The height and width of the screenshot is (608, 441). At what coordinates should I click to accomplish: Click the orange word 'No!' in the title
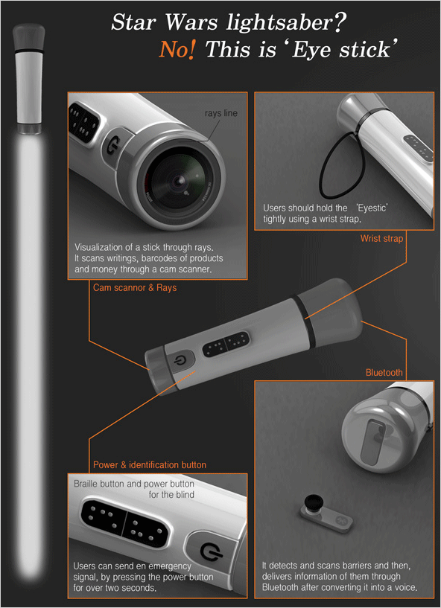click(x=177, y=50)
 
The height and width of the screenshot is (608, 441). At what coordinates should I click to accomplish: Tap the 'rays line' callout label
click(x=221, y=113)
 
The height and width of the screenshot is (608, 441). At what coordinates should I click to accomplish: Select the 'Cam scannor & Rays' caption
click(x=135, y=288)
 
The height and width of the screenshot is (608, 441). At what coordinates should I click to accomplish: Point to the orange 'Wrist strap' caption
click(x=381, y=238)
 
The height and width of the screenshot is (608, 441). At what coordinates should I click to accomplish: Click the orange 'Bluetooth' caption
click(x=384, y=373)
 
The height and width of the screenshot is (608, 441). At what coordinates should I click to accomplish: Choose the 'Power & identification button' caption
click(x=150, y=464)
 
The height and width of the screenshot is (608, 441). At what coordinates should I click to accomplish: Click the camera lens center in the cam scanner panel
click(x=180, y=181)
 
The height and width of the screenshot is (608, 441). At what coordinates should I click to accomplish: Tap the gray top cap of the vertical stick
click(x=29, y=36)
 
